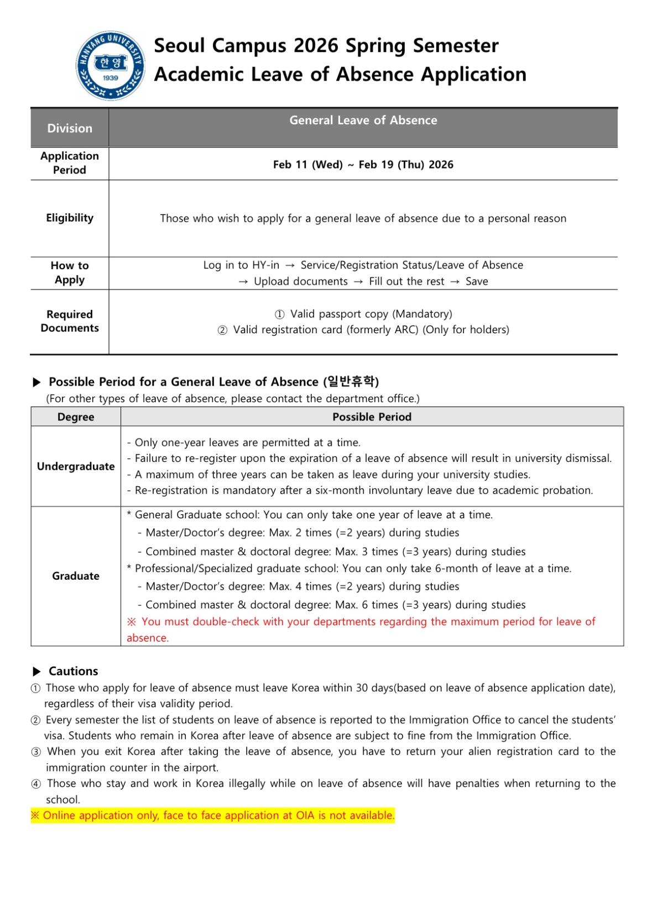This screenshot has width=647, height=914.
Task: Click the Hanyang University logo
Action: (x=111, y=65)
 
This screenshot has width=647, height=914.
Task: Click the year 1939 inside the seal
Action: (x=111, y=78)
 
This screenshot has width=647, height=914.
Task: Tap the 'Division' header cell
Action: (x=70, y=128)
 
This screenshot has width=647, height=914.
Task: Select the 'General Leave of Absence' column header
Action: (x=363, y=120)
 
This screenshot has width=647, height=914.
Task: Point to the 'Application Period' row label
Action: (x=70, y=163)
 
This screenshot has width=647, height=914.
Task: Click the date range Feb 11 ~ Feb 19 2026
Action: (x=363, y=165)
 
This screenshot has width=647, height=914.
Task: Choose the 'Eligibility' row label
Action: (x=70, y=218)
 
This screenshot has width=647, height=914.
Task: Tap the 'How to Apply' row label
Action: (x=70, y=272)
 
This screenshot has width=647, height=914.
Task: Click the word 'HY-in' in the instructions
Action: (x=266, y=265)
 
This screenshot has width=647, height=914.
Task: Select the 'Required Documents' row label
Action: (x=70, y=321)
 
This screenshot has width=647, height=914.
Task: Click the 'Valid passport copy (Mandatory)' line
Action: (x=363, y=314)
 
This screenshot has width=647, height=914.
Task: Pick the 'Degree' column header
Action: (x=76, y=417)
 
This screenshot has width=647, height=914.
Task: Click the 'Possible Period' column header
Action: (x=372, y=417)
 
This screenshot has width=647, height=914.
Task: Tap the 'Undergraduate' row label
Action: (x=76, y=466)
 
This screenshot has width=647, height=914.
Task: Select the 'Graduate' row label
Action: (x=76, y=576)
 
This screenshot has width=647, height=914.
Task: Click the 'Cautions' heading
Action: (x=73, y=671)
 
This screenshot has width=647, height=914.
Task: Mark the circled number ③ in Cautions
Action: (x=36, y=752)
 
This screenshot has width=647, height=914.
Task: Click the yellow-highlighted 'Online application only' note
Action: (x=213, y=816)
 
